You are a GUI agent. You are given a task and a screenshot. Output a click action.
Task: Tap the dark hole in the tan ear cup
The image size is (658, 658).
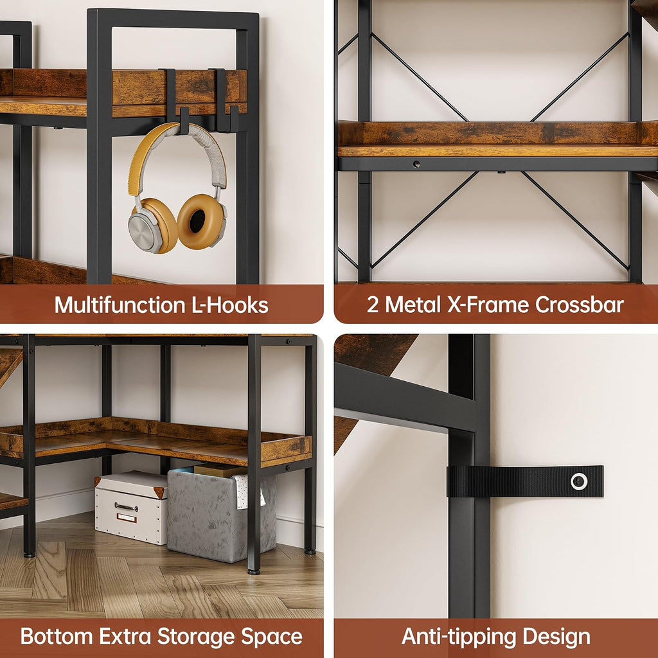197,221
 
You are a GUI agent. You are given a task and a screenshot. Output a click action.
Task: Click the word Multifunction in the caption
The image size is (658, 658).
120,305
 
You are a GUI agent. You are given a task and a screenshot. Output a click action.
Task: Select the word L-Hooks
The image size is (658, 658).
230,305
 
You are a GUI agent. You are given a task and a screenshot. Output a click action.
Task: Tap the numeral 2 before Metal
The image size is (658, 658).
373,305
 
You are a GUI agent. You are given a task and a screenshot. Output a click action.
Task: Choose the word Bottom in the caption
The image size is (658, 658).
57,636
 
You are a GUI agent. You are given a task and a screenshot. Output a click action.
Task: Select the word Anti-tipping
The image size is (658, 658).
459,637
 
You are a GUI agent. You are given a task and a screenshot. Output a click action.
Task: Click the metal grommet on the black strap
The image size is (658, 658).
579,481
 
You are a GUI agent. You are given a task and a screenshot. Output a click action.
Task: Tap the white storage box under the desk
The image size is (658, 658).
131,508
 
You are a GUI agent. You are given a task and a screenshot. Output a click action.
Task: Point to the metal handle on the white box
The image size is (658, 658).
126,508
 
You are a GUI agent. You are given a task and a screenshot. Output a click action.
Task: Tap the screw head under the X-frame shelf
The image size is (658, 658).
416,164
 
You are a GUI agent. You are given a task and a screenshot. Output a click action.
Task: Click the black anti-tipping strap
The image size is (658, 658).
525,481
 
